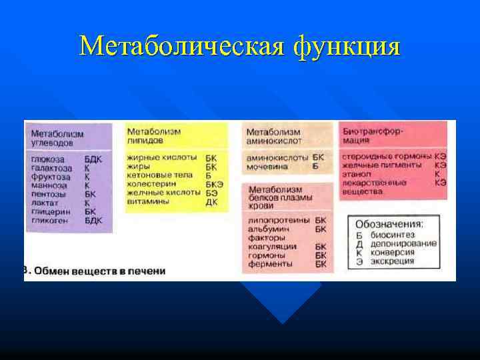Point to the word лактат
click(45, 203)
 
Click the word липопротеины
click(277, 219)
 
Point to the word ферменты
click(269, 264)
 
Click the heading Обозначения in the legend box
click(389, 225)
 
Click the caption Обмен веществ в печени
click(99, 271)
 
